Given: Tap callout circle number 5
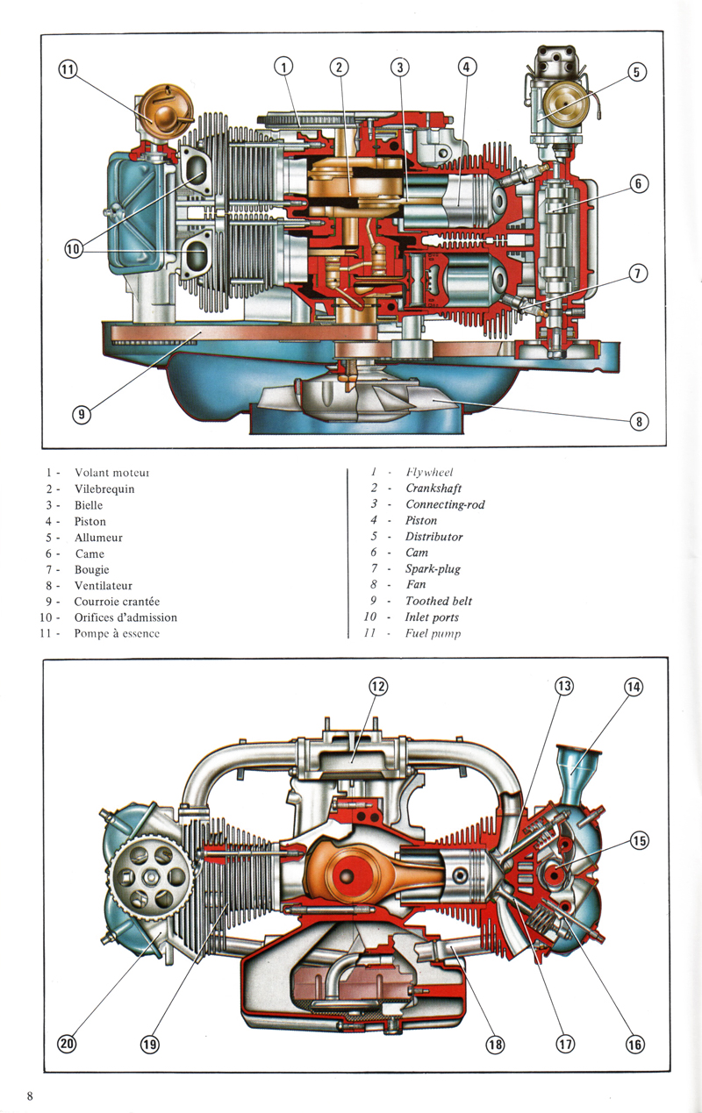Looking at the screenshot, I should (637, 73).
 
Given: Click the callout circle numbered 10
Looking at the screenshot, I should (73, 249).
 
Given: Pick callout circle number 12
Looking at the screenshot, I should (377, 687).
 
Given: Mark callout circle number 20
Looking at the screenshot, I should (68, 1044).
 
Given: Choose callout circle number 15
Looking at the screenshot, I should (639, 841).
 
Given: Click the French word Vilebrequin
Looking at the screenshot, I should (104, 489).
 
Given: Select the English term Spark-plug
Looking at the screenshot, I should (433, 568).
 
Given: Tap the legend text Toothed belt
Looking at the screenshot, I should (438, 601).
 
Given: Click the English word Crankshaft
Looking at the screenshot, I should (433, 489).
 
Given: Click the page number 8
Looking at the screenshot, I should (30, 1095).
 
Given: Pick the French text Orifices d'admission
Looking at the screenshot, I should (125, 617).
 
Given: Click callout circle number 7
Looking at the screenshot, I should (639, 273).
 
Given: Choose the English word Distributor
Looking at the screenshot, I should (433, 537).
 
